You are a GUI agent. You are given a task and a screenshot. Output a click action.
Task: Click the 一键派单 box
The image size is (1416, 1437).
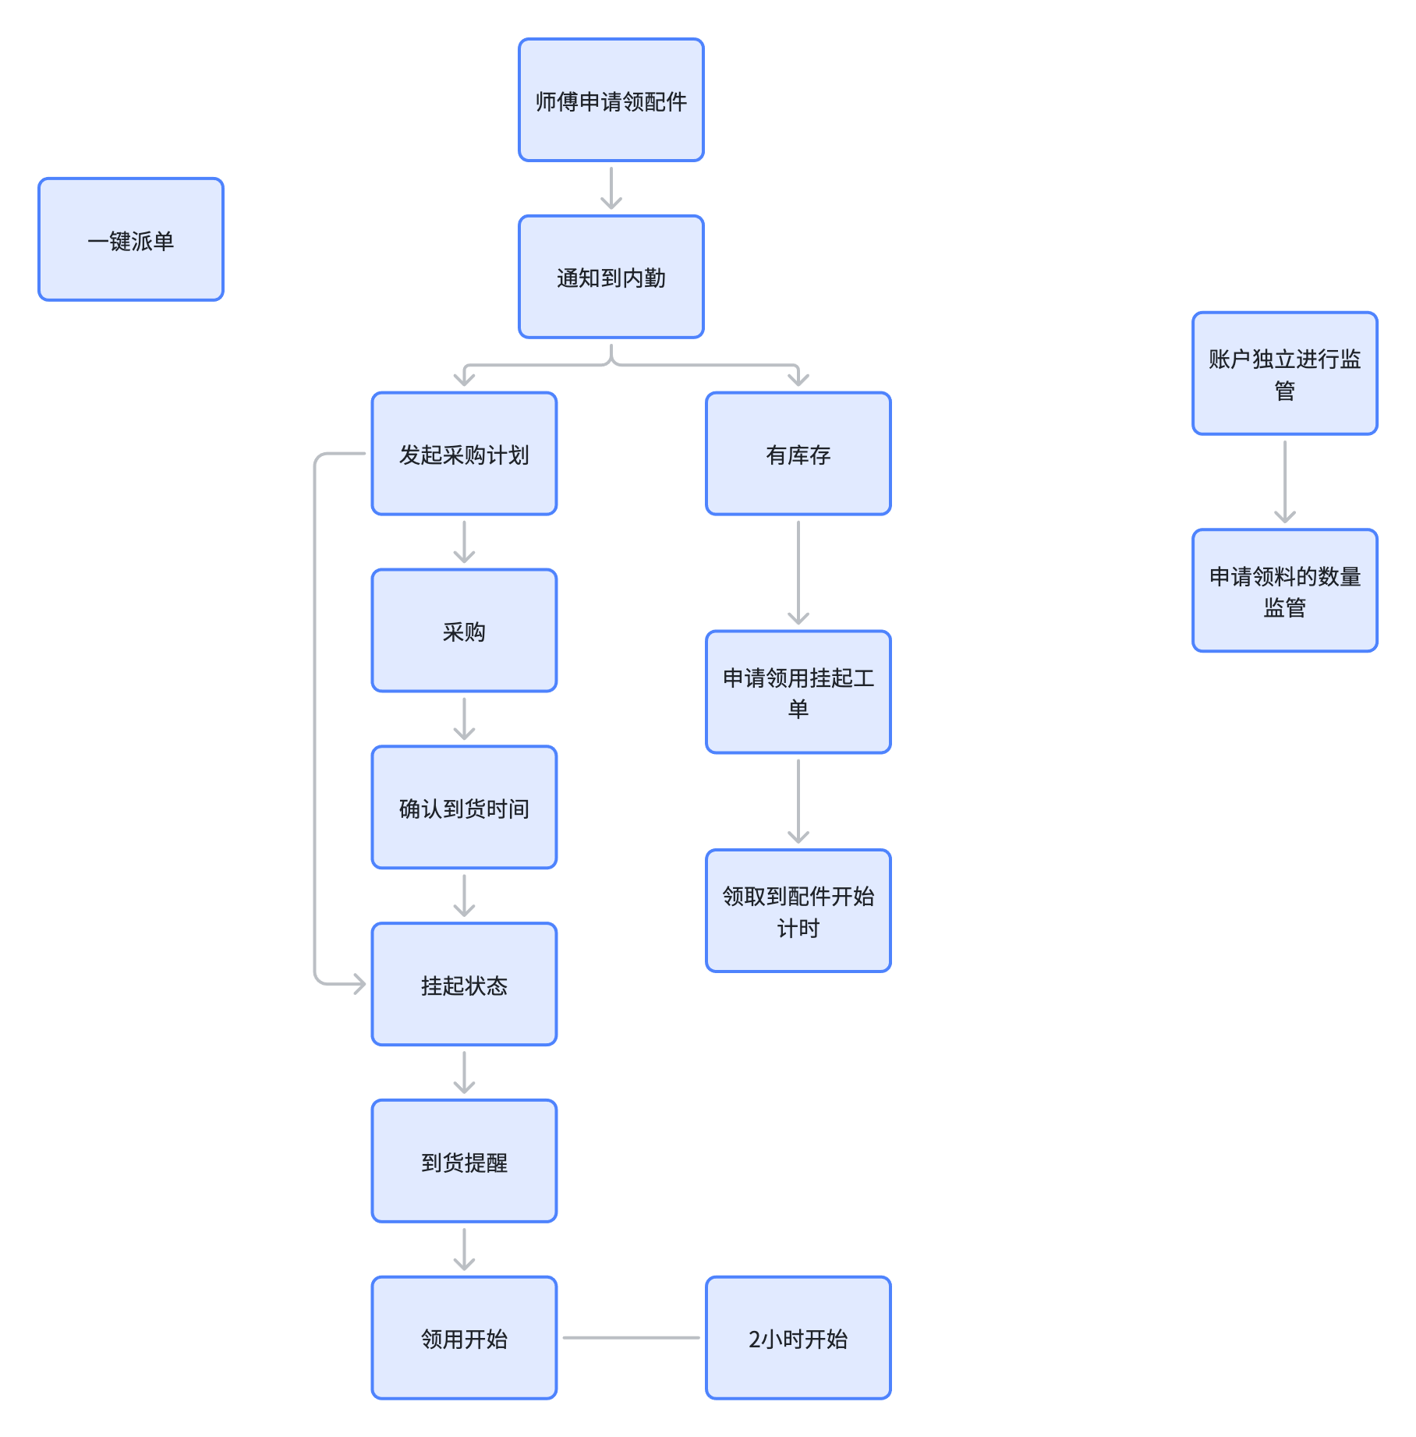131,239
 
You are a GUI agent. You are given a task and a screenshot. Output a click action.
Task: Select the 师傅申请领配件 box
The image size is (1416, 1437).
611,100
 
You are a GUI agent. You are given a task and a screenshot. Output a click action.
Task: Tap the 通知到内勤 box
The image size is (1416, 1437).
611,277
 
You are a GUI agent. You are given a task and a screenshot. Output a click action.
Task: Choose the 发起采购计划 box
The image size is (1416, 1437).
464,454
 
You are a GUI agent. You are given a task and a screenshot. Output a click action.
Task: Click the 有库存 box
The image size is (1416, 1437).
798,454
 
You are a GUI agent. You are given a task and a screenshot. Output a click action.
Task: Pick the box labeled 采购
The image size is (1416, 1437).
464,631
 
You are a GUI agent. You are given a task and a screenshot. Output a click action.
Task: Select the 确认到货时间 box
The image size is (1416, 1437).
464,808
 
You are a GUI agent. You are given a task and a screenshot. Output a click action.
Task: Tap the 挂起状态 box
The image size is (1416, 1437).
464,985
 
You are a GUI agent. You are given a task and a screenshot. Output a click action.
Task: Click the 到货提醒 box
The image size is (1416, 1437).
464,1162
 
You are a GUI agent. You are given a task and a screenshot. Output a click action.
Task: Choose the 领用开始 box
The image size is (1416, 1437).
464,1339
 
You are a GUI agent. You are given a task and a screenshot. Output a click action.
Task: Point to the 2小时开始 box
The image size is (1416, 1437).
798,1339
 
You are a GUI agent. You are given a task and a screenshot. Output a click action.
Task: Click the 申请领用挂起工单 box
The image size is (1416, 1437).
798,692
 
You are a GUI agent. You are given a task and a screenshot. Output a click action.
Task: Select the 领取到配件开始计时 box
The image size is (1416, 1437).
798,911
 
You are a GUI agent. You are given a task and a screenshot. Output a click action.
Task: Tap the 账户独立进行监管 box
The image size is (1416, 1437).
1285,373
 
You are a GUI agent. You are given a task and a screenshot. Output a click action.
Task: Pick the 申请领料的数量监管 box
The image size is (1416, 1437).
1285,591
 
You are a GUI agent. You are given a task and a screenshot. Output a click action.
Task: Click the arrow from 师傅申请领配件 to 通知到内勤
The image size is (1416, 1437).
611,189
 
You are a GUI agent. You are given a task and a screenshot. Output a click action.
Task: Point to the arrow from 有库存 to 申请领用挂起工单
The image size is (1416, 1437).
798,573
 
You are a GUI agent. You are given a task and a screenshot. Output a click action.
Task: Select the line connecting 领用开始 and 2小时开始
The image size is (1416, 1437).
632,1338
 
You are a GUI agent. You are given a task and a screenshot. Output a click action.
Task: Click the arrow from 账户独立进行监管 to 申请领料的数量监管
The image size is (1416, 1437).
1285,482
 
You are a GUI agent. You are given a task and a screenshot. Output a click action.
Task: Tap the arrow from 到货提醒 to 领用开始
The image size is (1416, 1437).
464,1250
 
